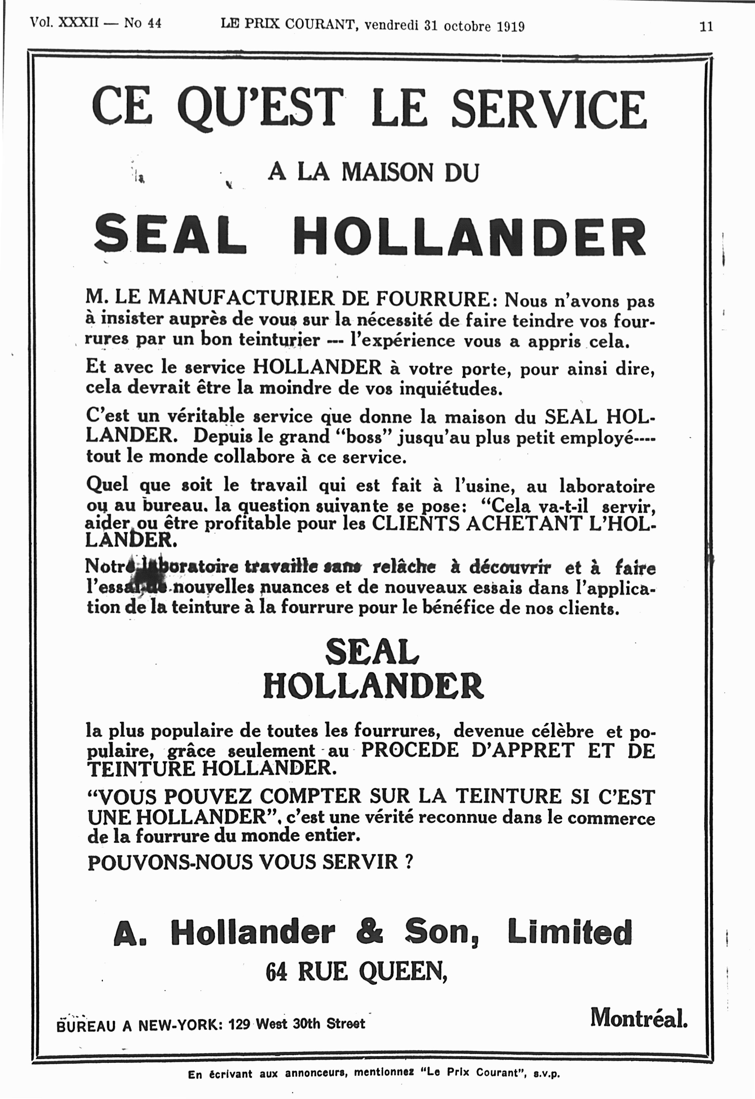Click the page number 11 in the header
[x=706, y=27]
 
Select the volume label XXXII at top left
[x=78, y=22]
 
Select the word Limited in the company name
[x=569, y=931]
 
